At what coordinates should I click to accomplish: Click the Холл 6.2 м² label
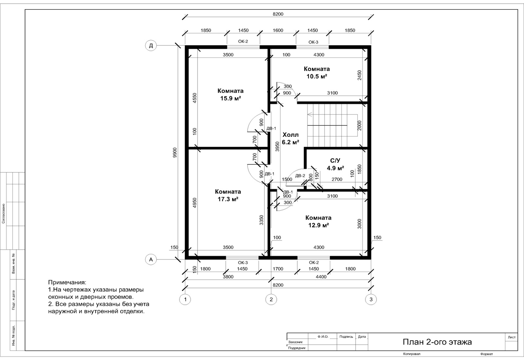[290, 138]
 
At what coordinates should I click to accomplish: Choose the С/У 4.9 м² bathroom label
[335, 164]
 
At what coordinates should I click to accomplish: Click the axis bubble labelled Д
[151, 45]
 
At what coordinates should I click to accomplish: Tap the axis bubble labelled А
[151, 260]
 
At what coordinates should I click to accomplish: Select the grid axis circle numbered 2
[271, 299]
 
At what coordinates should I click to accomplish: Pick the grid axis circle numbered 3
[371, 299]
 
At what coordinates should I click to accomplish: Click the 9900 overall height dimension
[175, 153]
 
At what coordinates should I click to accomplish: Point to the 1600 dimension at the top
[278, 30]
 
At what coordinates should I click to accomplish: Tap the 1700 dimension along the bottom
[278, 269]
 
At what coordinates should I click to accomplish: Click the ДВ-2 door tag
[300, 176]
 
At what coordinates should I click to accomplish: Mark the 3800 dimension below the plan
[228, 277]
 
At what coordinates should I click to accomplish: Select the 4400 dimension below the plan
[321, 277]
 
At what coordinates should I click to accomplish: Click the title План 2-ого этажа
[437, 342]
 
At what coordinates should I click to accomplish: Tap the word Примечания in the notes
[67, 282]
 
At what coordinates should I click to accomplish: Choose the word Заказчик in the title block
[295, 342]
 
